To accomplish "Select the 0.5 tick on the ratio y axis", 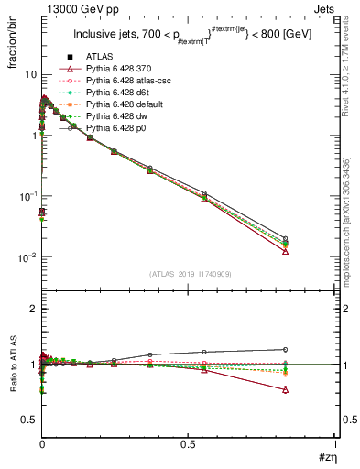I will tap(27, 420).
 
